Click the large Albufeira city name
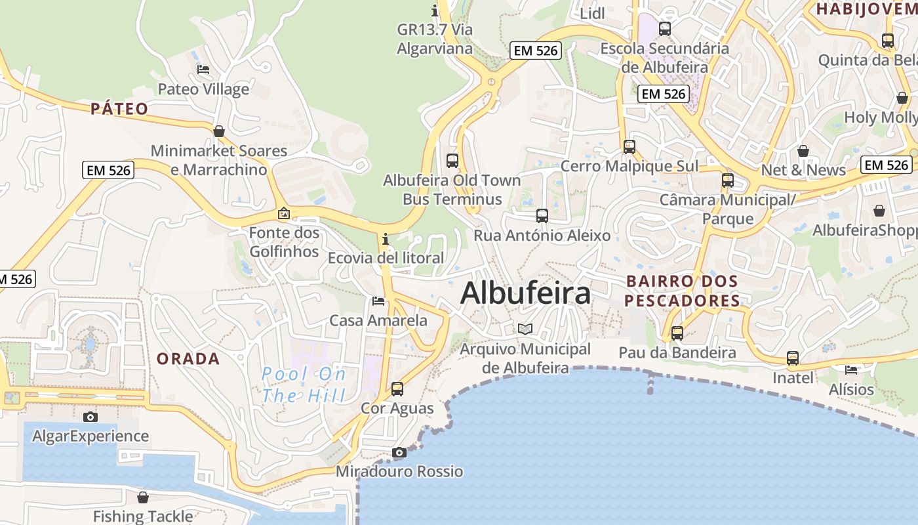(x=525, y=293)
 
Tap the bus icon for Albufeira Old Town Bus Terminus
(x=452, y=160)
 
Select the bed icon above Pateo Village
(x=203, y=70)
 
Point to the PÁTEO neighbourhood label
(x=119, y=109)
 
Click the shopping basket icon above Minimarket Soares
(x=219, y=131)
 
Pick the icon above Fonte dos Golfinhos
(x=284, y=213)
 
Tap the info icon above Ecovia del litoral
(x=386, y=239)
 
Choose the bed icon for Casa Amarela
(x=378, y=301)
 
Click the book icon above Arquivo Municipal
(x=525, y=329)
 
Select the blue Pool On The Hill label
(x=304, y=385)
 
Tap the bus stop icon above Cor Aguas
(x=397, y=388)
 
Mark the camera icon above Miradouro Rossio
(x=399, y=452)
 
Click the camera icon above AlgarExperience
(x=90, y=417)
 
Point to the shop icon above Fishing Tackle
(x=143, y=497)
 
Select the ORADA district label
(x=188, y=359)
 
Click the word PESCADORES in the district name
(x=682, y=301)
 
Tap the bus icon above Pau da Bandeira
(x=677, y=333)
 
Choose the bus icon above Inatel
(x=793, y=358)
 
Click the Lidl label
(x=592, y=13)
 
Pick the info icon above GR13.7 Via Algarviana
(x=435, y=10)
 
